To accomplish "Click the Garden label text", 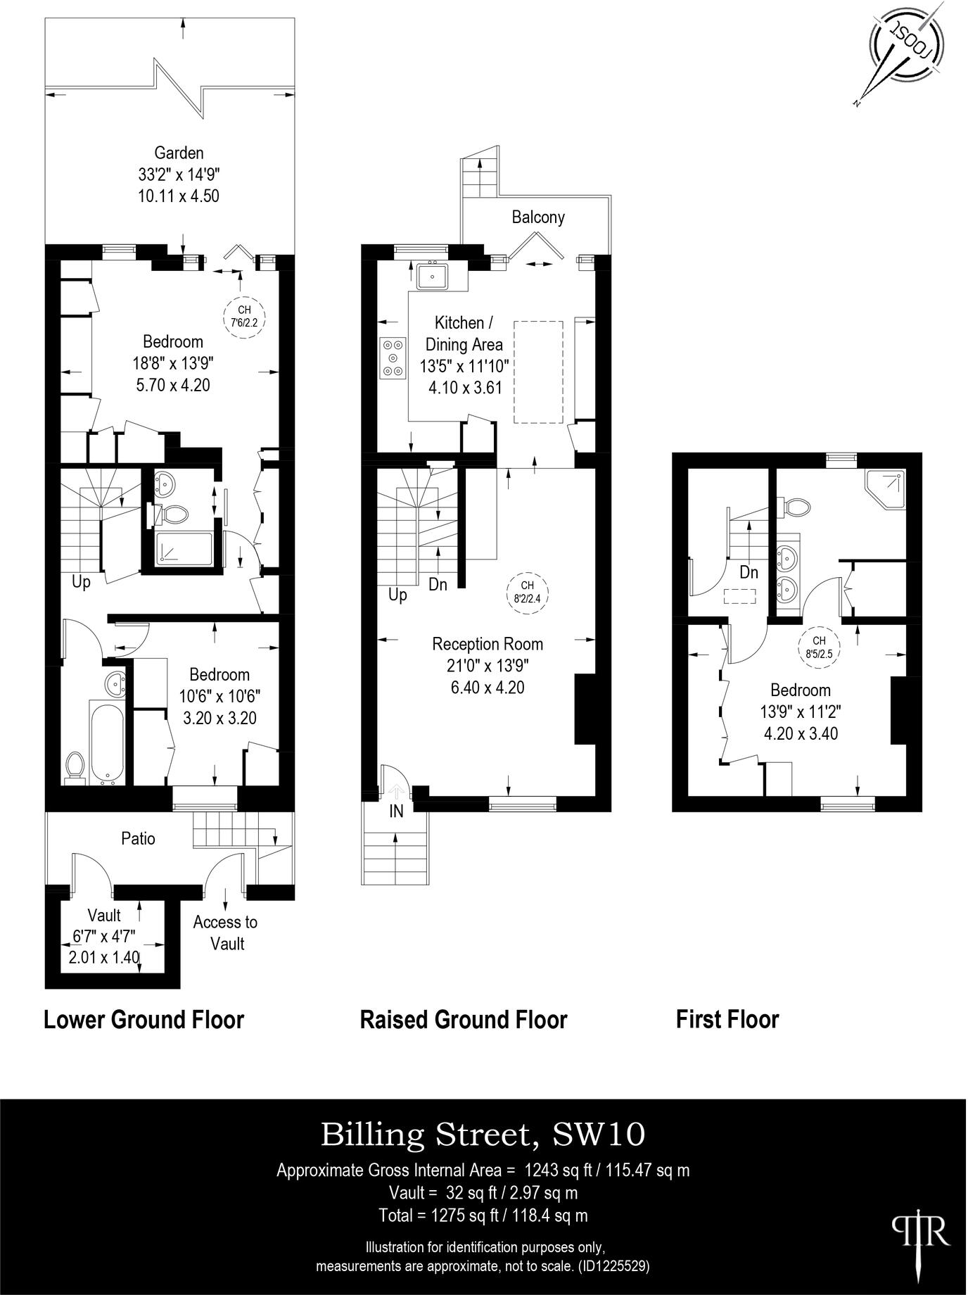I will (x=179, y=153).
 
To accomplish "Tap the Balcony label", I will (x=537, y=217).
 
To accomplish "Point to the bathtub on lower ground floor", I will (x=107, y=740).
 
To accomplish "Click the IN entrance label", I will (x=396, y=811).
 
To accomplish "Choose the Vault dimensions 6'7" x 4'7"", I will (x=104, y=937).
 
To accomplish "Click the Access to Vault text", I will (x=225, y=932).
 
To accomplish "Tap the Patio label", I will (x=138, y=838).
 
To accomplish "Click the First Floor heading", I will (x=727, y=1019).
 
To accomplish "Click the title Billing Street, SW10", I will (x=483, y=1135).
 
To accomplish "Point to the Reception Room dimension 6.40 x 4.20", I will (x=487, y=687).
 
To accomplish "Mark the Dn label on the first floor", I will (x=748, y=572).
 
